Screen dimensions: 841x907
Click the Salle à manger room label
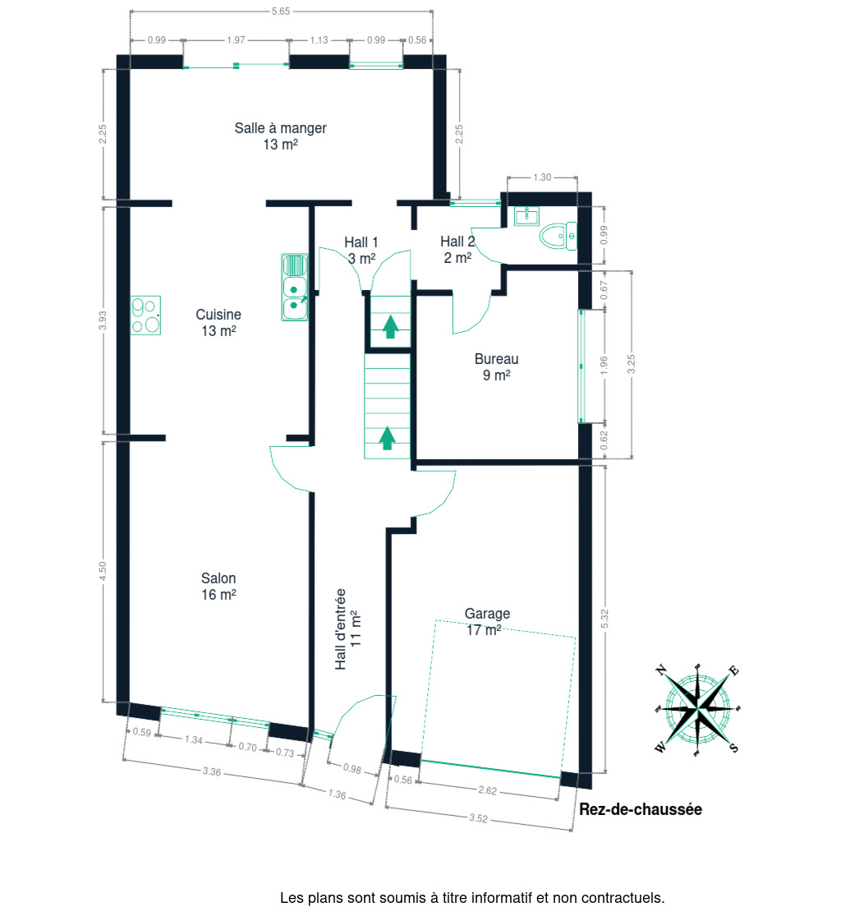[281, 136]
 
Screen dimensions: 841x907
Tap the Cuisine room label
[218, 322]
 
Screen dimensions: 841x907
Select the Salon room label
[218, 586]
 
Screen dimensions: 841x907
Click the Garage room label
[487, 621]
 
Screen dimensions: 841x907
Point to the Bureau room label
[496, 366]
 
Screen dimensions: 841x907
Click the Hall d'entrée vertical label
[347, 628]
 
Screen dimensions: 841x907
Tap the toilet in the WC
[558, 236]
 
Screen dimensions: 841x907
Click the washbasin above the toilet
[526, 215]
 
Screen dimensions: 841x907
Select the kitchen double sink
[294, 287]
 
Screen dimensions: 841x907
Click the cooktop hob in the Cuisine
[145, 315]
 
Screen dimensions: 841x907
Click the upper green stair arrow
[391, 326]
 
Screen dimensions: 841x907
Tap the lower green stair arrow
[387, 438]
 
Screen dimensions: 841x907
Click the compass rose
[697, 709]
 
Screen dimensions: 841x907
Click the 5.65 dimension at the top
[281, 11]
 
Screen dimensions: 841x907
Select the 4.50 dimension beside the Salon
[103, 571]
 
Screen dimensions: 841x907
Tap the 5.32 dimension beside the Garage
[604, 619]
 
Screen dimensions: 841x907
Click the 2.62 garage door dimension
[488, 790]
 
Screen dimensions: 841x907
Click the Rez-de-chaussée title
[641, 809]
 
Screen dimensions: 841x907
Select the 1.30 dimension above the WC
[542, 177]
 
